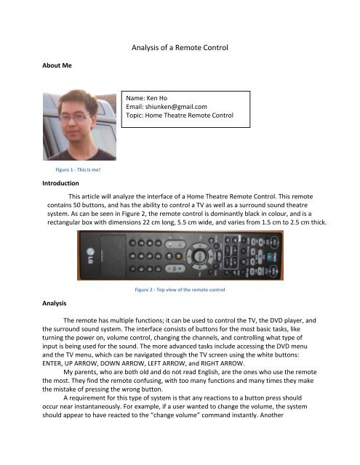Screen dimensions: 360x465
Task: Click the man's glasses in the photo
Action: click(76, 116)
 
